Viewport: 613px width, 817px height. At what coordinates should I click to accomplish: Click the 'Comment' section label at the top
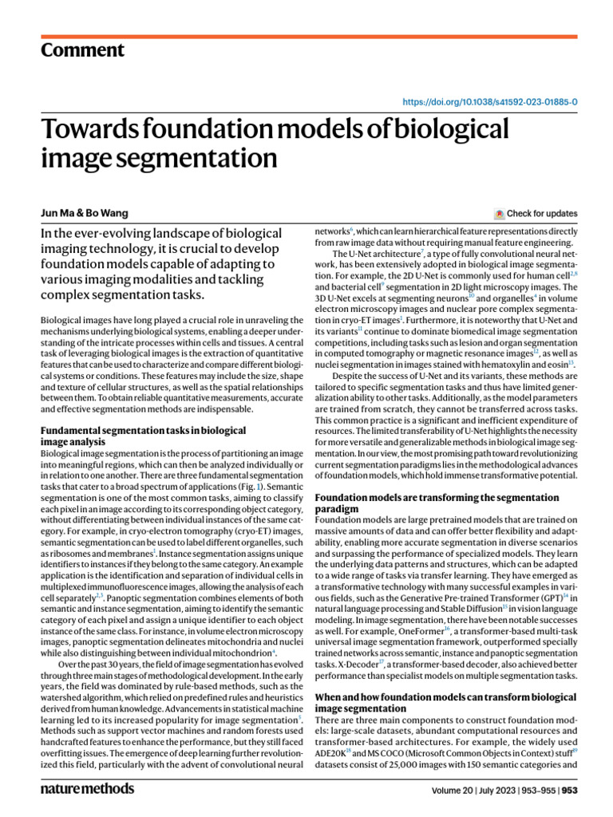pos(82,50)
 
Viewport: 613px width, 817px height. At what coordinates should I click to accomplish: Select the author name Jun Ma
pos(59,214)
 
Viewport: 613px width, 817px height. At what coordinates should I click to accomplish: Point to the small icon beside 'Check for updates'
pos(500,214)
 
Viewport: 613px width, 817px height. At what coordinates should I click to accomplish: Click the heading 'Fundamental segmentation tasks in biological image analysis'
pos(144,436)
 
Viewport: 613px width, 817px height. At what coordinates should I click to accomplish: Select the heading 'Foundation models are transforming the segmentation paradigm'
pos(437,503)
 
